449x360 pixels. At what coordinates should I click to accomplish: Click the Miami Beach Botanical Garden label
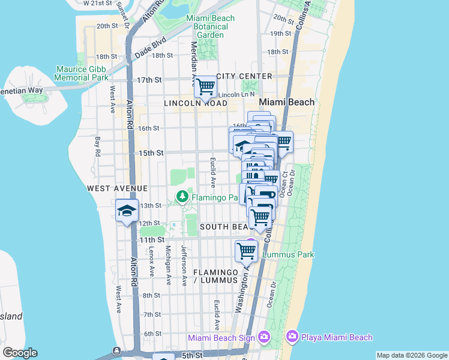coord(210,26)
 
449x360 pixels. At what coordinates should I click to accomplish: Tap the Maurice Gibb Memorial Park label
coord(82,73)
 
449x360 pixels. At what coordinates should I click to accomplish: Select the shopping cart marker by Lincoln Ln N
coord(205,86)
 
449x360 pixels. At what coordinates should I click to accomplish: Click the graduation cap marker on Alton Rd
coord(127,211)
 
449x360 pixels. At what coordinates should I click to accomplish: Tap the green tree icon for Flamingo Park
coord(182,196)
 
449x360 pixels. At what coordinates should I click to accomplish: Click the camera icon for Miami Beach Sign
coord(262,337)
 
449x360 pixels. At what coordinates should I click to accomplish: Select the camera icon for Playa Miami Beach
coord(292,337)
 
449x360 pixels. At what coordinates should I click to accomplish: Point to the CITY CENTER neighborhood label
coord(244,76)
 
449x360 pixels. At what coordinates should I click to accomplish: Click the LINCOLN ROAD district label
coord(196,103)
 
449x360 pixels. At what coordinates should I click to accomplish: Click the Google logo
coord(20,353)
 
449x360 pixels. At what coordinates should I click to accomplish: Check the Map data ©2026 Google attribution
coord(411,355)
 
